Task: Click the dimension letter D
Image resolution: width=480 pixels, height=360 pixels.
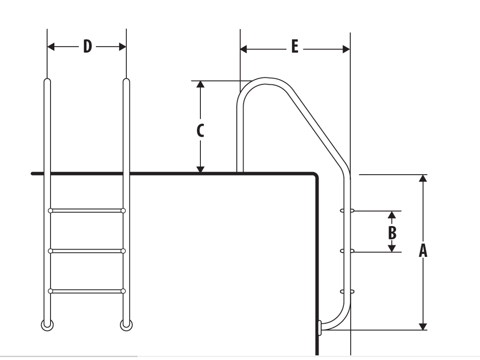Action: pyautogui.click(x=88, y=47)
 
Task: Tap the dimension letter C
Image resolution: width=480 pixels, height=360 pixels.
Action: pyautogui.click(x=200, y=131)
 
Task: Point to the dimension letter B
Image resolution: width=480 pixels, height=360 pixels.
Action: pyautogui.click(x=392, y=233)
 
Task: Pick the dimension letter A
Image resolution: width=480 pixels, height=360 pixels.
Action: pyautogui.click(x=423, y=251)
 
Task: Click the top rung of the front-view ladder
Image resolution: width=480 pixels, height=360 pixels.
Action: pyautogui.click(x=87, y=211)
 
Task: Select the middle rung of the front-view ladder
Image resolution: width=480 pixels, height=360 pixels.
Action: pyautogui.click(x=87, y=251)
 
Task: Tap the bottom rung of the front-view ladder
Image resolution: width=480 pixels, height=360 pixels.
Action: pyautogui.click(x=87, y=291)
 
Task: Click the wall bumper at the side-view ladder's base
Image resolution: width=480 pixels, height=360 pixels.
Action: pyautogui.click(x=319, y=328)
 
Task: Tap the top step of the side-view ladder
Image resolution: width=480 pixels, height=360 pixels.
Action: pyautogui.click(x=347, y=211)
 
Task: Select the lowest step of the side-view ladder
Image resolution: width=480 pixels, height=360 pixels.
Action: pyautogui.click(x=347, y=291)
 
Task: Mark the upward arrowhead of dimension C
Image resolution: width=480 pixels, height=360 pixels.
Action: pyautogui.click(x=200, y=84)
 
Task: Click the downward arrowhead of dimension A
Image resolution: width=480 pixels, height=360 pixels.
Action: pyautogui.click(x=423, y=326)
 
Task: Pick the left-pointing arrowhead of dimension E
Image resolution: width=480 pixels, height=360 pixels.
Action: pyautogui.click(x=244, y=49)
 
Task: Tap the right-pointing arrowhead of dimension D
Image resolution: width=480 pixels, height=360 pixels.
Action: pyautogui.click(x=123, y=47)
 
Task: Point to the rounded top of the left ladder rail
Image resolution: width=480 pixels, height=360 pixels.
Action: pyautogui.click(x=47, y=80)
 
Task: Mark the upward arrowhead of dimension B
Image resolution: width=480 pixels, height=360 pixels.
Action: pyautogui.click(x=392, y=214)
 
